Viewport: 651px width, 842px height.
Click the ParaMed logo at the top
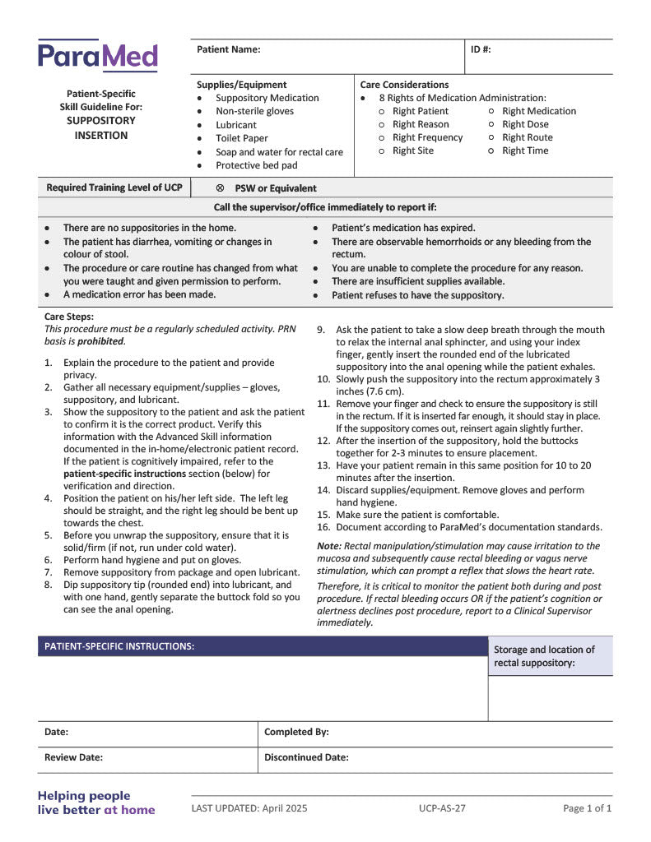97,56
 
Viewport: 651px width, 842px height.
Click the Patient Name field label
228,49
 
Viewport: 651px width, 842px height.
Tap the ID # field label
481,49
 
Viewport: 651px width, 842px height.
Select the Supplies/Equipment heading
241,85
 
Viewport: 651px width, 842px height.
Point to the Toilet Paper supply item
241,138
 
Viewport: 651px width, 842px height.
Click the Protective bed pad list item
256,165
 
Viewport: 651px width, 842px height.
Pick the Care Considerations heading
404,85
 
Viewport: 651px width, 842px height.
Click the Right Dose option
525,124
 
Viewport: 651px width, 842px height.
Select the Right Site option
412,150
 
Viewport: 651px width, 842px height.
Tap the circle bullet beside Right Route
491,137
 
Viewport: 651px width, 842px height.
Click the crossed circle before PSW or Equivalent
220,188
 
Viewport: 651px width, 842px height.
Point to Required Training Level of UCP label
114,187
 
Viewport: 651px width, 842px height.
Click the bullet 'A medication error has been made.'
139,294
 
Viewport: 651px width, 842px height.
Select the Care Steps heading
69,316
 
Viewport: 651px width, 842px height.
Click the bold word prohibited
100,341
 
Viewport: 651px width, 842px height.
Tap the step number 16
323,527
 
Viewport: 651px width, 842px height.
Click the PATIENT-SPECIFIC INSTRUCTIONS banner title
119,646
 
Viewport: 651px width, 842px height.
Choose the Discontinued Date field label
306,757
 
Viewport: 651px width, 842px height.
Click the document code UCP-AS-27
442,808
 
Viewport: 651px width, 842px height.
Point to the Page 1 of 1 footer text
587,808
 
